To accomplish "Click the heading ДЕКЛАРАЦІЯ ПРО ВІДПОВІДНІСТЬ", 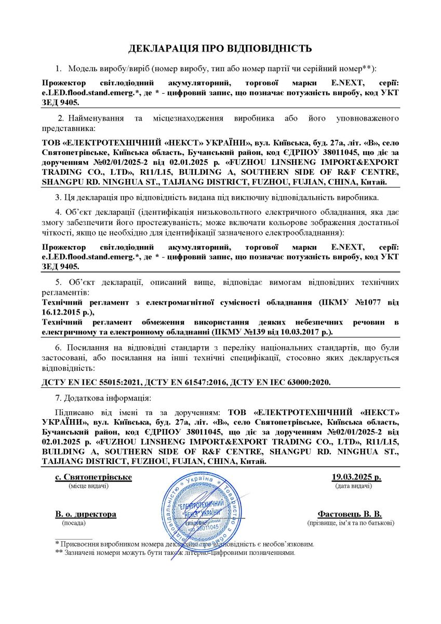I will (220, 49).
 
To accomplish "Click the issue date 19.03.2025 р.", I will (356, 477).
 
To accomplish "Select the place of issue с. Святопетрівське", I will (93, 477).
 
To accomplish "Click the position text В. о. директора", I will (86, 514).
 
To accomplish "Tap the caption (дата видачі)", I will (353, 486).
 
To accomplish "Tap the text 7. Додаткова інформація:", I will (103, 398).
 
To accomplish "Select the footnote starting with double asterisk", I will (175, 553).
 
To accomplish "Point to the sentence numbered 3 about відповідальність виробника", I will (217, 198).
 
